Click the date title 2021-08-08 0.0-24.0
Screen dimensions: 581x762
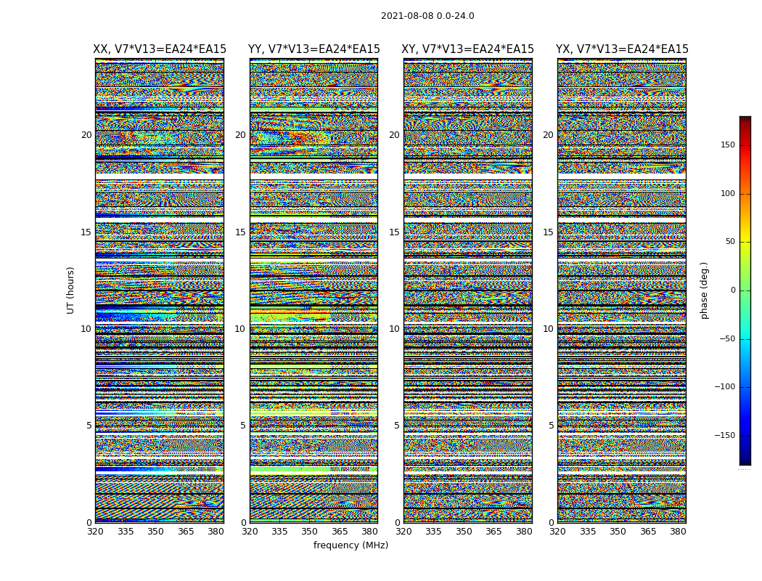click(x=427, y=16)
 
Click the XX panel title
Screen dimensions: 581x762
click(x=160, y=49)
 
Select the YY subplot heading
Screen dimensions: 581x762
click(x=314, y=49)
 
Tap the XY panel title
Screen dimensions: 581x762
click(x=467, y=49)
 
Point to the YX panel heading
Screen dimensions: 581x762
click(x=622, y=49)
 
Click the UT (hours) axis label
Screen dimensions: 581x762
click(x=70, y=290)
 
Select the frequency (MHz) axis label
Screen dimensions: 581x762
click(x=351, y=545)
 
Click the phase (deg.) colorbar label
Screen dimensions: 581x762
click(x=704, y=290)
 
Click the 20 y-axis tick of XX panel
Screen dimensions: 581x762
click(x=86, y=135)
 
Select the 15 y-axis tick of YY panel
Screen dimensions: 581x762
click(x=240, y=232)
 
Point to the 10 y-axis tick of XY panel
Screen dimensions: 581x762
click(x=394, y=329)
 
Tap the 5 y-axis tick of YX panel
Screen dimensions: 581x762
click(x=551, y=426)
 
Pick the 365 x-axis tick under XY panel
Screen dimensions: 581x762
click(x=493, y=532)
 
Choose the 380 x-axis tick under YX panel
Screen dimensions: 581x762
click(x=678, y=532)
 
